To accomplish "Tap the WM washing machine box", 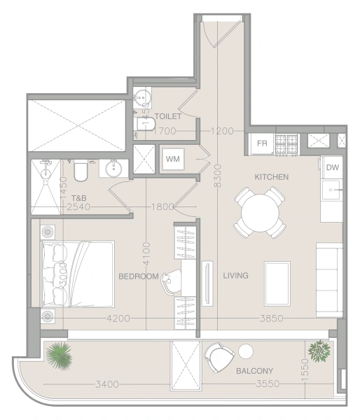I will point(172,158).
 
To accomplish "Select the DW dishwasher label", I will point(333,167).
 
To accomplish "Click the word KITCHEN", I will point(271,177).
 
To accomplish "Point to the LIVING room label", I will point(235,276).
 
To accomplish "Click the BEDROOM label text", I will point(139,276).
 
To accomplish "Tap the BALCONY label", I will point(254,371).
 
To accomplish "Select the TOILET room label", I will point(168,116).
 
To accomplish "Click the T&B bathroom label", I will point(78,198).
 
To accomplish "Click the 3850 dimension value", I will point(270,318).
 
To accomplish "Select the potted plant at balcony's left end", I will point(60,354).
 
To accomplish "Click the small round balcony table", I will point(246,352).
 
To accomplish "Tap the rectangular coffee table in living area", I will point(277,282).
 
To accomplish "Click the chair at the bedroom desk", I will point(168,279).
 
